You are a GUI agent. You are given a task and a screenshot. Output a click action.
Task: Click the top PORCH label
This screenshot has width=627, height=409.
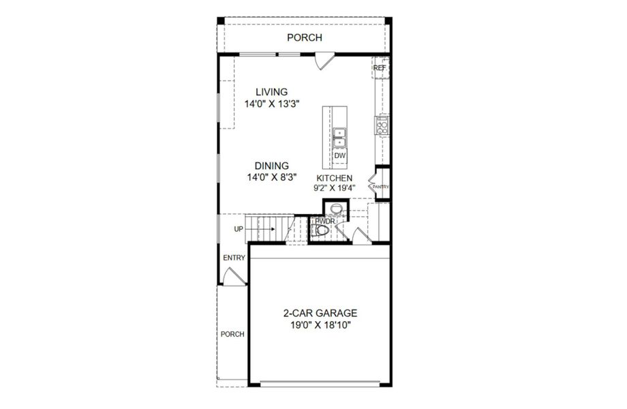point(304,38)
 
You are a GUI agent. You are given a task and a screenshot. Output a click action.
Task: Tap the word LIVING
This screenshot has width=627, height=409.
point(272,91)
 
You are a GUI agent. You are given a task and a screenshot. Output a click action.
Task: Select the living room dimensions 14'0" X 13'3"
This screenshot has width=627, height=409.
point(272,104)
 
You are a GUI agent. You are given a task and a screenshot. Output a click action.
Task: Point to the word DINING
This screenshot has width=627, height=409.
point(272,166)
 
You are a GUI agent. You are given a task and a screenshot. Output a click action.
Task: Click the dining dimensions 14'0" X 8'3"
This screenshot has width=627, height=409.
point(272,177)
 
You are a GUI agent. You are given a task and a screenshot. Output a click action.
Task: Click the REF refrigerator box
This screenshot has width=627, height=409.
point(380,68)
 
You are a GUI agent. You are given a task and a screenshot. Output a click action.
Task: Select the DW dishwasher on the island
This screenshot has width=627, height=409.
point(340,156)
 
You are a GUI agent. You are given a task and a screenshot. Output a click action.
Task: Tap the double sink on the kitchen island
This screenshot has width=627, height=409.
point(340,137)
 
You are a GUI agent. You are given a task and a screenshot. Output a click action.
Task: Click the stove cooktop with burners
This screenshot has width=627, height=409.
point(382,125)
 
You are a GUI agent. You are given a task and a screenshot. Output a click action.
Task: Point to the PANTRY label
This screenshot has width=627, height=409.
point(380,186)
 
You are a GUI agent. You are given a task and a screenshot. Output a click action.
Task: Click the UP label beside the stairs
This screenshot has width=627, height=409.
point(239,229)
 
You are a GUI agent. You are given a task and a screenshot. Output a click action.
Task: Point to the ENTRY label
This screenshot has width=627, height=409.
point(234,258)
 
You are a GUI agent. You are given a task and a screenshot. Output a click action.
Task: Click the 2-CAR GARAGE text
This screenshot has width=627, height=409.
point(320,314)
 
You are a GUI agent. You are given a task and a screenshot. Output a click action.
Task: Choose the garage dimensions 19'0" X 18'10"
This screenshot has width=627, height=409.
point(320,326)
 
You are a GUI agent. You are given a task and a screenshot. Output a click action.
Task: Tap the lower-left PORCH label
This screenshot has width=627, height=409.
point(232,334)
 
